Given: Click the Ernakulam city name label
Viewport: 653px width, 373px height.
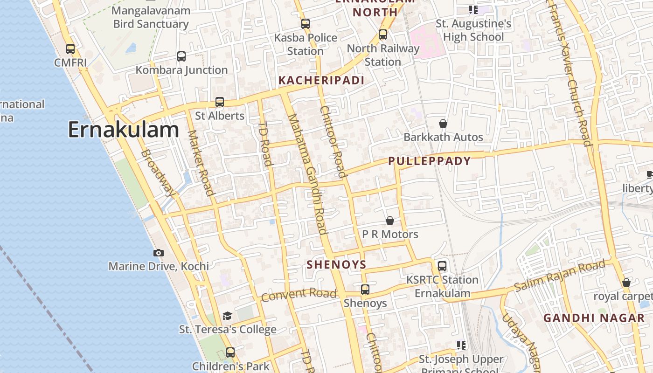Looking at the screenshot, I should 124,130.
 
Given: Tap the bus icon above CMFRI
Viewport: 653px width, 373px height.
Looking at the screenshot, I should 70,48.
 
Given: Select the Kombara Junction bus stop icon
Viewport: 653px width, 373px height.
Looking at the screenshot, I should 181,56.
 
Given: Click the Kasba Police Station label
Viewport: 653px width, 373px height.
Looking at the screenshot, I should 306,44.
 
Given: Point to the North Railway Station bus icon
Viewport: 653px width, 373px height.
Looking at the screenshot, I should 383,34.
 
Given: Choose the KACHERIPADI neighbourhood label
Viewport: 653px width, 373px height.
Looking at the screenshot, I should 321,80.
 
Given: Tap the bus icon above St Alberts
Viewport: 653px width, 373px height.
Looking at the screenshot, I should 220,102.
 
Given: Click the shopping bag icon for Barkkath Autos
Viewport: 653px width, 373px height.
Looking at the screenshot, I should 443,124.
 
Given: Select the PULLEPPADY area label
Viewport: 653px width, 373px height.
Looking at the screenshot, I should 430,161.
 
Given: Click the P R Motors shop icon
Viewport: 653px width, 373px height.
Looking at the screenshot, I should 390,221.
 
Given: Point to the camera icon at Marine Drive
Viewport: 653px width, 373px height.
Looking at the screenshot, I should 159,253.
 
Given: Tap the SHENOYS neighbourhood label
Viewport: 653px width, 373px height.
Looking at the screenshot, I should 336,265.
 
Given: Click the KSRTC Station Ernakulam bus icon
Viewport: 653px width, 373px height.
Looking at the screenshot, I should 442,266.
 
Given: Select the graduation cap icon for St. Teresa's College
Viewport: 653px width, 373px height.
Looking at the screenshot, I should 227,316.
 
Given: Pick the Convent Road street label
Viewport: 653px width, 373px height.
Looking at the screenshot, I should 299,295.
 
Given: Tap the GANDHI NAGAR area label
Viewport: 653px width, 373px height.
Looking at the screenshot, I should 594,318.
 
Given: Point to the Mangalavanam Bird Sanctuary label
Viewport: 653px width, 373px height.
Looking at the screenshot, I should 151,17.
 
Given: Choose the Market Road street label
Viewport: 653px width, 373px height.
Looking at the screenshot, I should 201,163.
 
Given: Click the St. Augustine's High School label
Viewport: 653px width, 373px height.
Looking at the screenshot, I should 473,30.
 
